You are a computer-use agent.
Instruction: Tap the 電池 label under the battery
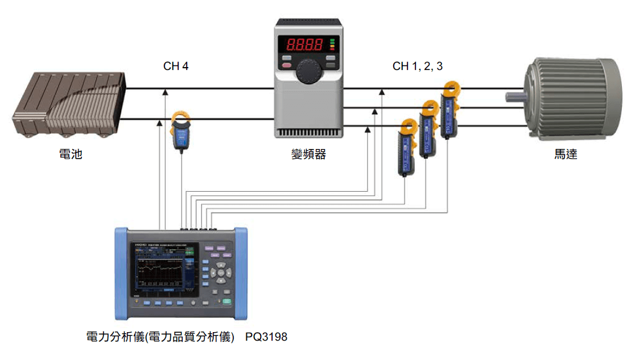71,154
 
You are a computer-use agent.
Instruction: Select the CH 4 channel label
176,67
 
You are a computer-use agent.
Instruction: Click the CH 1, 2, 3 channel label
418,67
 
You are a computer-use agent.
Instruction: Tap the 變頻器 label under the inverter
308,154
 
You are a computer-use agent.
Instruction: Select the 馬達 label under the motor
566,154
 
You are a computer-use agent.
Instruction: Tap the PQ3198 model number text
266,337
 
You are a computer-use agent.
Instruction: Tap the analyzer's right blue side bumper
242,273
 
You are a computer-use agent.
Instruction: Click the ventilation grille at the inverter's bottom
309,133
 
